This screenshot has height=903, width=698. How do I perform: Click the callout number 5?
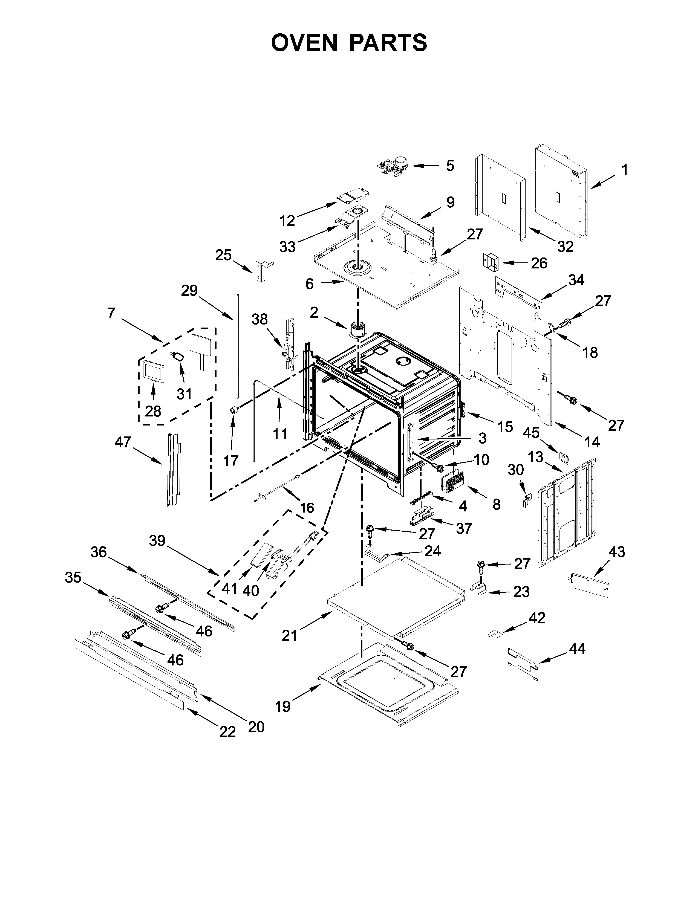pyautogui.click(x=450, y=166)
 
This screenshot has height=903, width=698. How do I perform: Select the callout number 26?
pyautogui.click(x=539, y=263)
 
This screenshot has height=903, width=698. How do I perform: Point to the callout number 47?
pyautogui.click(x=123, y=442)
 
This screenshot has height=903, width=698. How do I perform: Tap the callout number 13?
pyautogui.click(x=535, y=457)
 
